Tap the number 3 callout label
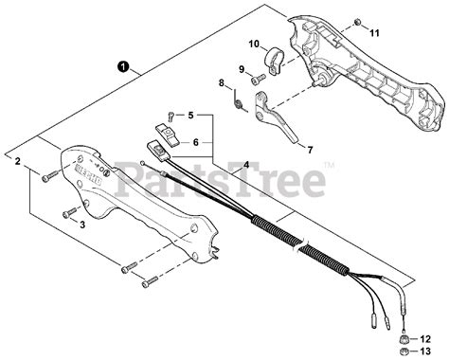[82, 224]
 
